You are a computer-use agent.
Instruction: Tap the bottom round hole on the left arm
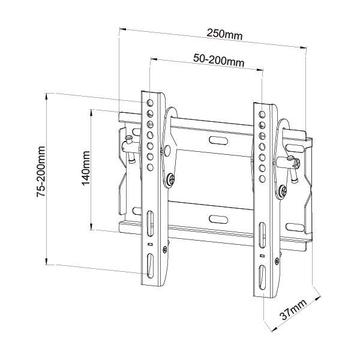150,166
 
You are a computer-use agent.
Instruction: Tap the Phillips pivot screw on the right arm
282,191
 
